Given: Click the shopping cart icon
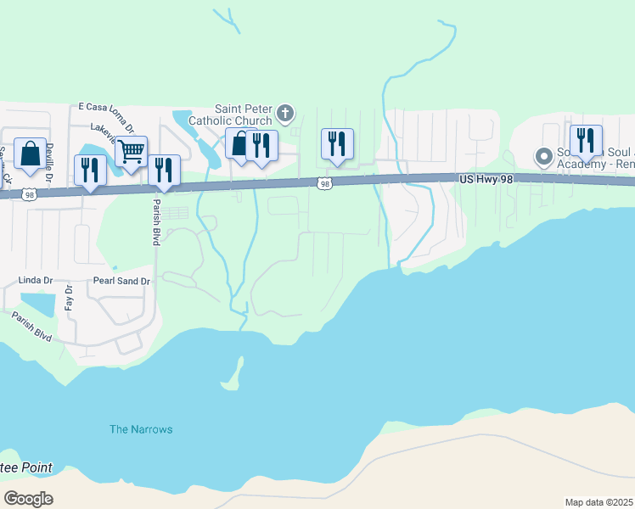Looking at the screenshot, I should pyautogui.click(x=132, y=152).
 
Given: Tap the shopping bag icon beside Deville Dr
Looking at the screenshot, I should pyautogui.click(x=30, y=154).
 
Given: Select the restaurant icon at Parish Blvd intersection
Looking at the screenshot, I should pyautogui.click(x=164, y=170).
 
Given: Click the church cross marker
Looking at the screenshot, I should pyautogui.click(x=286, y=111).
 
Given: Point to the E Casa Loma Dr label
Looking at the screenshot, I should pyautogui.click(x=105, y=108).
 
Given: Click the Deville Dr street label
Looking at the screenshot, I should pyautogui.click(x=50, y=157).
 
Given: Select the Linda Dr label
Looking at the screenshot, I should pyautogui.click(x=36, y=280).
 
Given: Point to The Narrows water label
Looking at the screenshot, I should pyautogui.click(x=141, y=429).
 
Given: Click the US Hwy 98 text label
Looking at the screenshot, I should pyautogui.click(x=487, y=180).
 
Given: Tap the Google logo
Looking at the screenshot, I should pyautogui.click(x=28, y=499).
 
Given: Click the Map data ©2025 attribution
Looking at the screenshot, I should pyautogui.click(x=598, y=502).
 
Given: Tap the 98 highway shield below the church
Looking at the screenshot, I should pyautogui.click(x=323, y=183).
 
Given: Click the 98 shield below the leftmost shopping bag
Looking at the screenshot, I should pyautogui.click(x=30, y=194).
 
